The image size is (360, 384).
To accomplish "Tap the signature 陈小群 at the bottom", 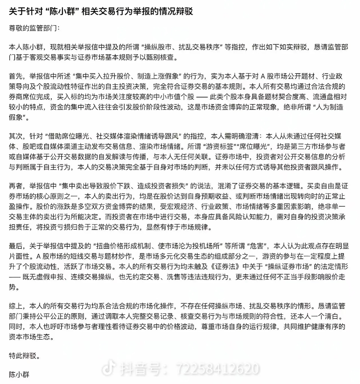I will [19, 374].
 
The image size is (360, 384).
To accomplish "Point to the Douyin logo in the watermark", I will [108, 369].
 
